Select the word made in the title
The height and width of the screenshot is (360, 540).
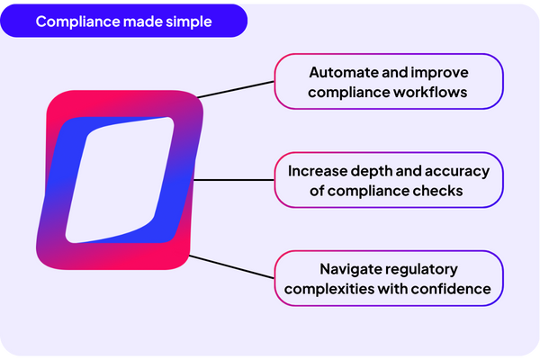pyautogui.click(x=139, y=22)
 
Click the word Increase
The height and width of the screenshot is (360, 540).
pyautogui.click(x=320, y=170)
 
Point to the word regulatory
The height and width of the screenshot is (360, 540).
pyautogui.click(x=425, y=269)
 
